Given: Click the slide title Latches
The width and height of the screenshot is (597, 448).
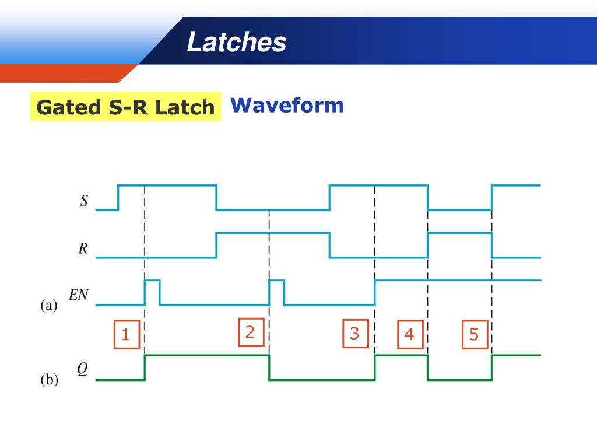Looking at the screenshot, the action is [x=237, y=43].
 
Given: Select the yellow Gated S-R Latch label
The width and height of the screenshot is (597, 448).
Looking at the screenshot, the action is [x=125, y=107].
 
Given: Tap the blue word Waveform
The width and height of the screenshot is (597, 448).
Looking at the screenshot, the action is [x=287, y=106].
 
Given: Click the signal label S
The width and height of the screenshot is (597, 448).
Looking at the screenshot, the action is [x=84, y=202].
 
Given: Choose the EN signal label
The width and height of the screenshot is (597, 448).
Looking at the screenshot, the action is [x=78, y=295].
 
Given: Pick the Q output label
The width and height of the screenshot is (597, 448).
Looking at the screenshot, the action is [x=83, y=370].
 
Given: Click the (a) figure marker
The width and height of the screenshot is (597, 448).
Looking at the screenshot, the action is [x=49, y=306].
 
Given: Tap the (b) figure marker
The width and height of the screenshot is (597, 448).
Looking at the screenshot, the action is [x=49, y=380].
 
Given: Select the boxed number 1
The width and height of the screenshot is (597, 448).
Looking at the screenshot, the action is [x=127, y=335].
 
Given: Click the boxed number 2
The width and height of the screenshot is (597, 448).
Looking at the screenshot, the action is [x=250, y=332].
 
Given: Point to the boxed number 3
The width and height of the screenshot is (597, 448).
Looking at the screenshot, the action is [x=355, y=334].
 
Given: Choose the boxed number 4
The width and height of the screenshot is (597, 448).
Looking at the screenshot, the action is [x=409, y=335].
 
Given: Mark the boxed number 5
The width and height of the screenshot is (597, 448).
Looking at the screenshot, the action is [x=473, y=335].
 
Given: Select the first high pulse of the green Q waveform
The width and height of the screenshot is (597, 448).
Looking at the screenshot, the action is [x=207, y=355].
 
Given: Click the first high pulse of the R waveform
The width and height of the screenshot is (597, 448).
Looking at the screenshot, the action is [x=273, y=233].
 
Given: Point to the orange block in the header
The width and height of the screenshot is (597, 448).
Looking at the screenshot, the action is [x=64, y=73].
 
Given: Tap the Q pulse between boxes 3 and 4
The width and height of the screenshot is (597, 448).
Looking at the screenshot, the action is [x=401, y=355].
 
